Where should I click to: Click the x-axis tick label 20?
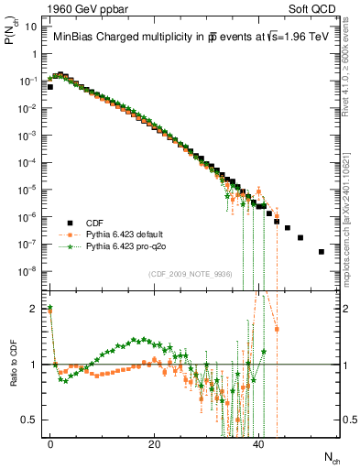[155, 443]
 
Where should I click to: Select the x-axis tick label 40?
[258, 443]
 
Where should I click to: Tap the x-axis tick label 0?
[50, 443]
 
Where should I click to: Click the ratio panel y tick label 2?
[33, 309]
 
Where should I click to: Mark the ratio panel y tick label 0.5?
[30, 420]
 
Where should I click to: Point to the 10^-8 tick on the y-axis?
[28, 271]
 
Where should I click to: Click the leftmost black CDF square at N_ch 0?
[50, 87]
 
